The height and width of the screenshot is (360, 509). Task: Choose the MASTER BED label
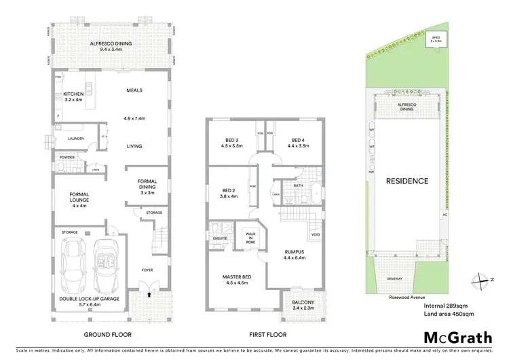point(237,278)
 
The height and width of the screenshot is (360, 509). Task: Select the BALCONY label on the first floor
point(303,302)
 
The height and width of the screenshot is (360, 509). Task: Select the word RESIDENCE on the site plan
point(407,181)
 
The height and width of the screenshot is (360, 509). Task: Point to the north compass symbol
point(479,278)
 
